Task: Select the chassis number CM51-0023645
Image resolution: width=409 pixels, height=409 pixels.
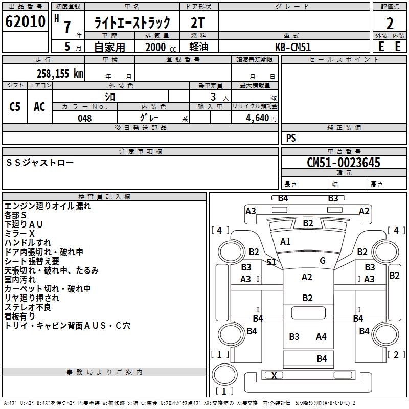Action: click(x=344, y=163)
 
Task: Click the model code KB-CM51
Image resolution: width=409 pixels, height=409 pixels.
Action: click(x=293, y=47)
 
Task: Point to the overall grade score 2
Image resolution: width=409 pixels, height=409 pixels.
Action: click(x=390, y=24)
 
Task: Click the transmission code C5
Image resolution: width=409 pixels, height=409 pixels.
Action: click(x=15, y=106)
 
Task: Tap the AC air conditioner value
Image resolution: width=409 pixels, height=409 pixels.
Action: click(x=39, y=106)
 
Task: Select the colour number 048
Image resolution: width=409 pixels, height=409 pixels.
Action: click(x=85, y=118)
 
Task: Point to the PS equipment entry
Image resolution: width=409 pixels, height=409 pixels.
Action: click(x=291, y=138)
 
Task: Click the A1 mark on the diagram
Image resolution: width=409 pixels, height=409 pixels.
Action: click(x=285, y=242)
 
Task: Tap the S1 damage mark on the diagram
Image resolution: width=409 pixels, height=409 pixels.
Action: click(x=271, y=262)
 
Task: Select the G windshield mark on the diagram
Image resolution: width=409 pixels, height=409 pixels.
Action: click(x=323, y=261)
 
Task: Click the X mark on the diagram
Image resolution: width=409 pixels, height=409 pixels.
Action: click(x=274, y=376)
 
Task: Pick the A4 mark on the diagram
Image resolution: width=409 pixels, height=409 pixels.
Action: click(x=321, y=336)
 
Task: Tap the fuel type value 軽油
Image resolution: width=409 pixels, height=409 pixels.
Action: click(x=198, y=47)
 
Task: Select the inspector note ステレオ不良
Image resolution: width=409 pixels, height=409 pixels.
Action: click(x=28, y=307)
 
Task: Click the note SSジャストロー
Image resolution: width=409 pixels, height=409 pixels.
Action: click(x=40, y=162)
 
